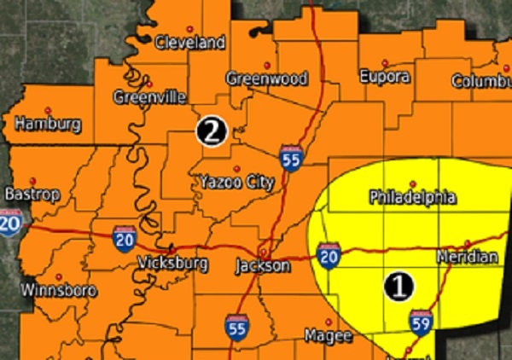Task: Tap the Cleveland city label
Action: [189, 42]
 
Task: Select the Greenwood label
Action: [266, 78]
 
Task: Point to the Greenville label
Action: [150, 97]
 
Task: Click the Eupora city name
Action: [384, 76]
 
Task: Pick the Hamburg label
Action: [49, 125]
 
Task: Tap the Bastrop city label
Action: [32, 195]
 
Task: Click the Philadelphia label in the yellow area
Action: [412, 198]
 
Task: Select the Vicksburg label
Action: [172, 264]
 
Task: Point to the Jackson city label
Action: [263, 266]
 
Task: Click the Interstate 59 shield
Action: [421, 320]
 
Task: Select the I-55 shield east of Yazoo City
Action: [291, 159]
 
